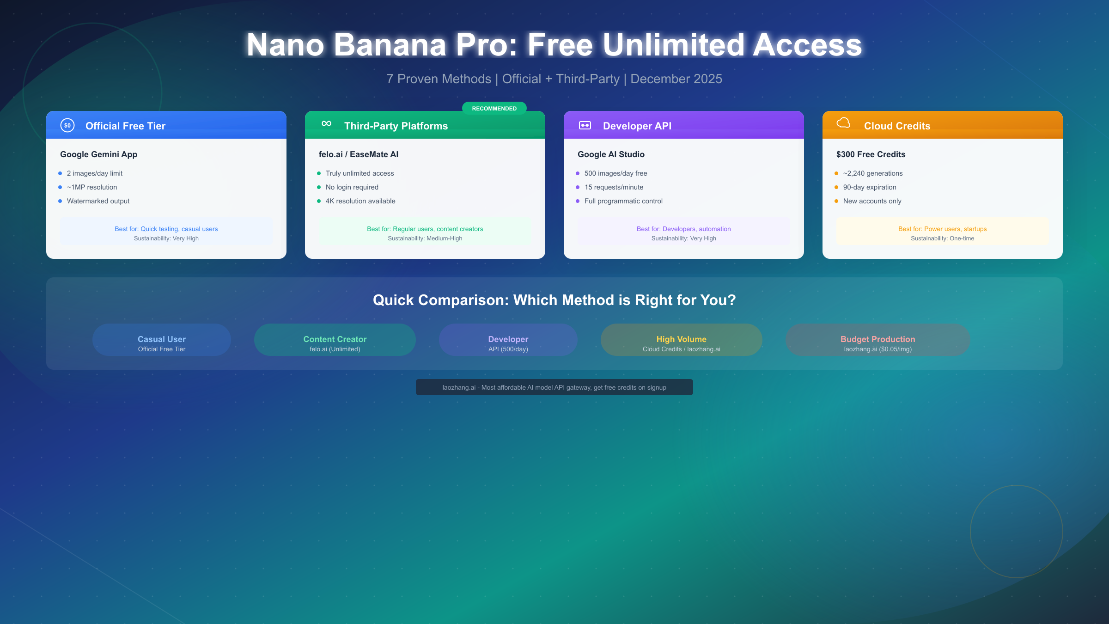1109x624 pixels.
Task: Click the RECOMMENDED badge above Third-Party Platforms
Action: click(x=494, y=108)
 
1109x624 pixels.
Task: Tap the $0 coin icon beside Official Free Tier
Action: click(x=67, y=125)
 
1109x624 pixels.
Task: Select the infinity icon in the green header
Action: click(x=326, y=123)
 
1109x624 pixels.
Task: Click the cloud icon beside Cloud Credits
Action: click(x=843, y=123)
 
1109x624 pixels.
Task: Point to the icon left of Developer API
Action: click(x=585, y=125)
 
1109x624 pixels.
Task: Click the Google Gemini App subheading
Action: click(x=98, y=154)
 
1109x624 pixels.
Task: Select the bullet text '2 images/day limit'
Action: click(x=95, y=173)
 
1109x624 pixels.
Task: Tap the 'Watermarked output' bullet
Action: click(x=98, y=201)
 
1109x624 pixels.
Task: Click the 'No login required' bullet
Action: click(x=352, y=187)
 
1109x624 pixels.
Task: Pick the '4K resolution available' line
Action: click(x=360, y=201)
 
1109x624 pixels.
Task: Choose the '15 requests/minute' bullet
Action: click(x=614, y=187)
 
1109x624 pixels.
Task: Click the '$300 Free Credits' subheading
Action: click(x=871, y=154)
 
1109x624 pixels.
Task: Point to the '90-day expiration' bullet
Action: click(x=869, y=187)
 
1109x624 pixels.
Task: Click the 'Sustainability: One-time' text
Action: click(x=942, y=239)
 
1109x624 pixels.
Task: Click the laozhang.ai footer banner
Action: click(x=554, y=387)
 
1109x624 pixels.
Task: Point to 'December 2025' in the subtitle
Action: click(x=676, y=79)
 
